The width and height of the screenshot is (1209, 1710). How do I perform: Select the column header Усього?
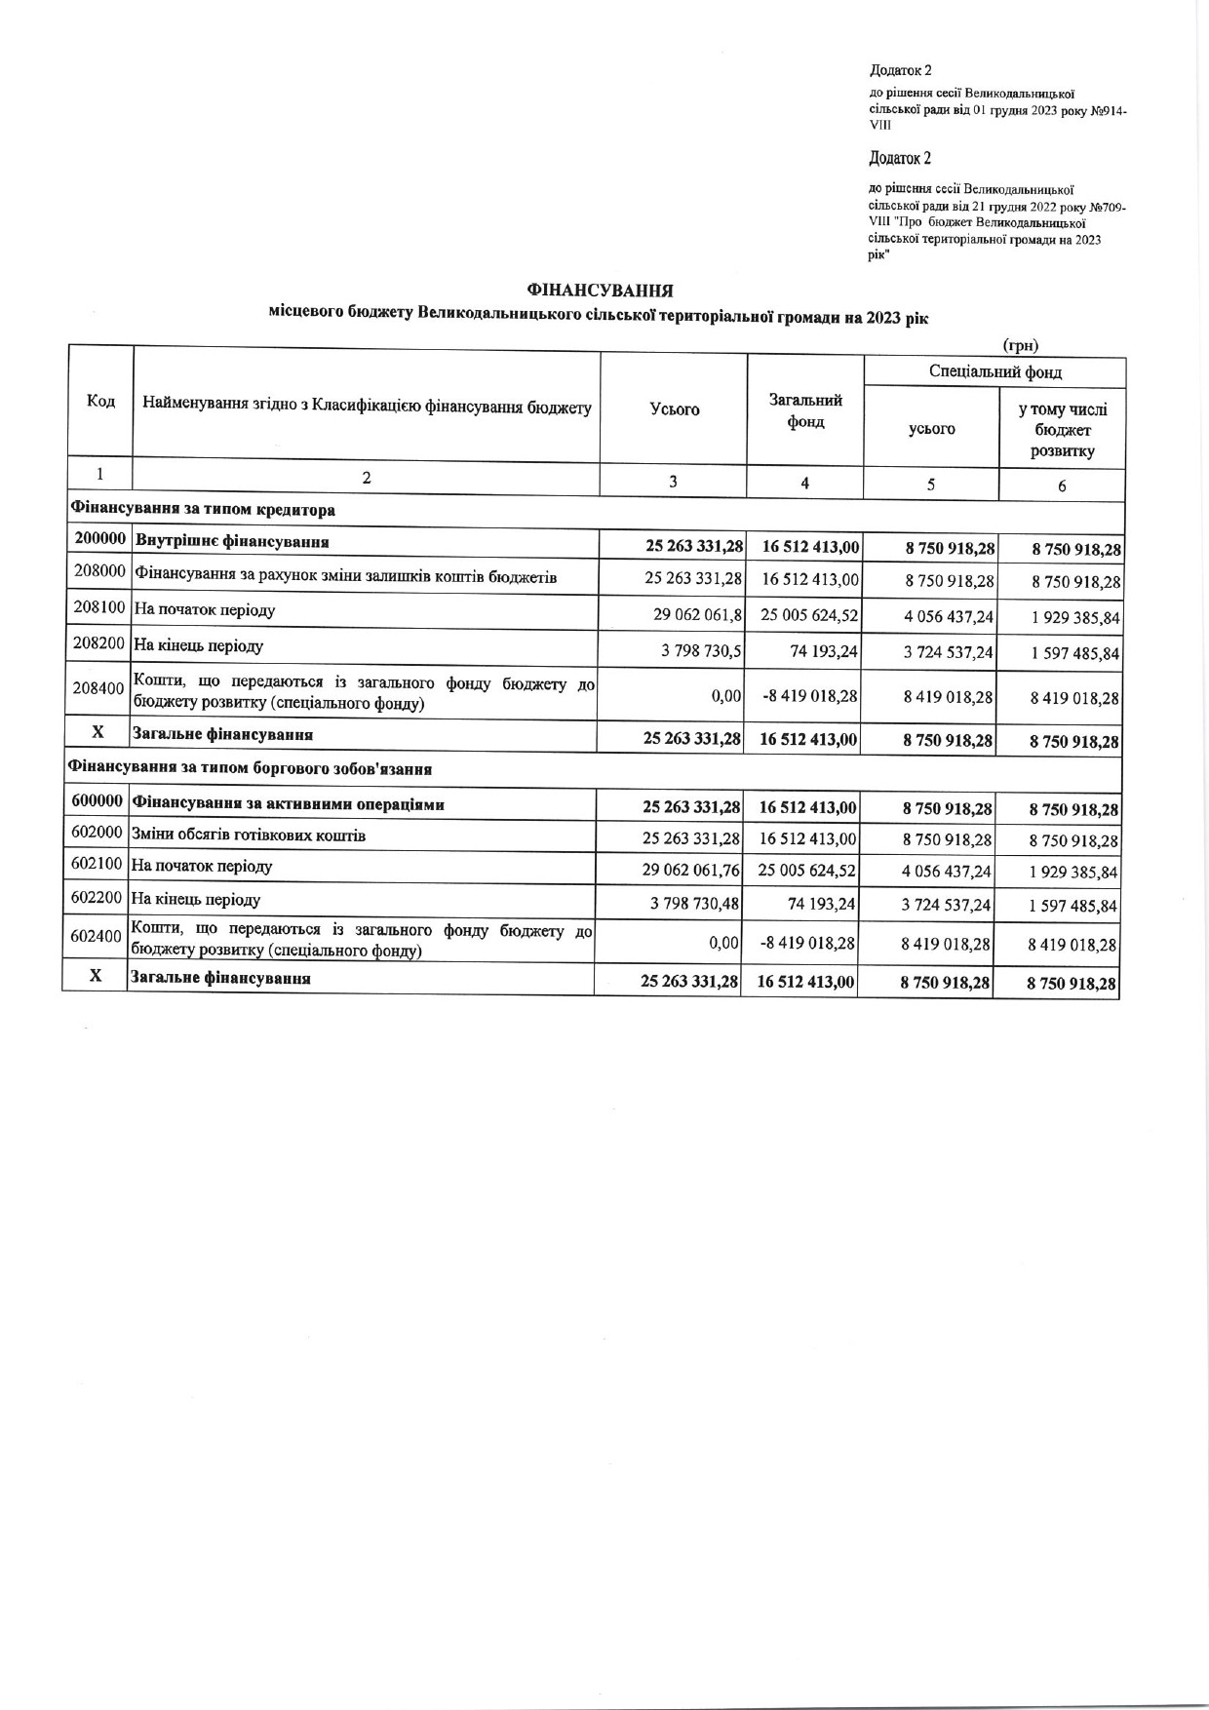click(675, 409)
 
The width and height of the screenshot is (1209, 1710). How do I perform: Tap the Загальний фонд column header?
click(805, 410)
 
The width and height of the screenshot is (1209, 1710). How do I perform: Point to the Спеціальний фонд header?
click(994, 372)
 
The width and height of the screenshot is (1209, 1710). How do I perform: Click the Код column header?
click(100, 402)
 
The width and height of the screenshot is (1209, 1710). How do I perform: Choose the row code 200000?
click(101, 539)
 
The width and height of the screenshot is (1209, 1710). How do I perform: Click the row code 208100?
click(100, 607)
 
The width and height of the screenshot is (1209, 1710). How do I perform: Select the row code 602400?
click(96, 936)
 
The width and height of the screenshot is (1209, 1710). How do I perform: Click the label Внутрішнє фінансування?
click(232, 541)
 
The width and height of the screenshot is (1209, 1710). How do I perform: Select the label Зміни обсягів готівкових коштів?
click(249, 836)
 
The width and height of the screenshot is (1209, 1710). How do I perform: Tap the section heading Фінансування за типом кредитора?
click(202, 510)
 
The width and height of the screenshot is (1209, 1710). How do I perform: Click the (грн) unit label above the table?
click(1020, 345)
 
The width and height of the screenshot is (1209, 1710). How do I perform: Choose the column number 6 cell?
click(1062, 486)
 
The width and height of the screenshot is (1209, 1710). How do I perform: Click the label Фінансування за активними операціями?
click(288, 805)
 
